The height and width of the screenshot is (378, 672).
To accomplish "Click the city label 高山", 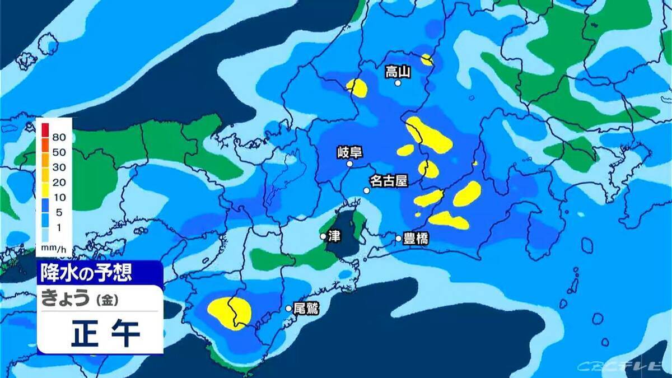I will pyautogui.click(x=398, y=71).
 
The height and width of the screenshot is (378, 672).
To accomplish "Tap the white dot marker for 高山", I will pyautogui.click(x=398, y=83).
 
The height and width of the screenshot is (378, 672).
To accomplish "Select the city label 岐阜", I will pyautogui.click(x=349, y=152).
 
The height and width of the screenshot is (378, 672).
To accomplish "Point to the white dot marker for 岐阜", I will pyautogui.click(x=349, y=164).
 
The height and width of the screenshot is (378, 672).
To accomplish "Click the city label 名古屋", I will pyautogui.click(x=388, y=181).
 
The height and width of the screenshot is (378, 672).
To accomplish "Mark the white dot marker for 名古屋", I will pyautogui.click(x=366, y=190).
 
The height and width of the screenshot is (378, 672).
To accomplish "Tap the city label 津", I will pyautogui.click(x=335, y=236).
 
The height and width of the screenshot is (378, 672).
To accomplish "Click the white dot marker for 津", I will pyautogui.click(x=323, y=237).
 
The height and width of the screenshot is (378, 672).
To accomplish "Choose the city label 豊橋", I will pyautogui.click(x=416, y=239).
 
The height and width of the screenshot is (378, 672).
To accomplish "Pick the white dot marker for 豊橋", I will pyautogui.click(x=399, y=239).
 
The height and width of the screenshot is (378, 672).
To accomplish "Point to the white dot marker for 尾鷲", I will pyautogui.click(x=289, y=308).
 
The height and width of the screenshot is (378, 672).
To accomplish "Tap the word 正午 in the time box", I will pyautogui.click(x=105, y=334).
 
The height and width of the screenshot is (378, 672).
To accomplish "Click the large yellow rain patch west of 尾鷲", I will pyautogui.click(x=230, y=312).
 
